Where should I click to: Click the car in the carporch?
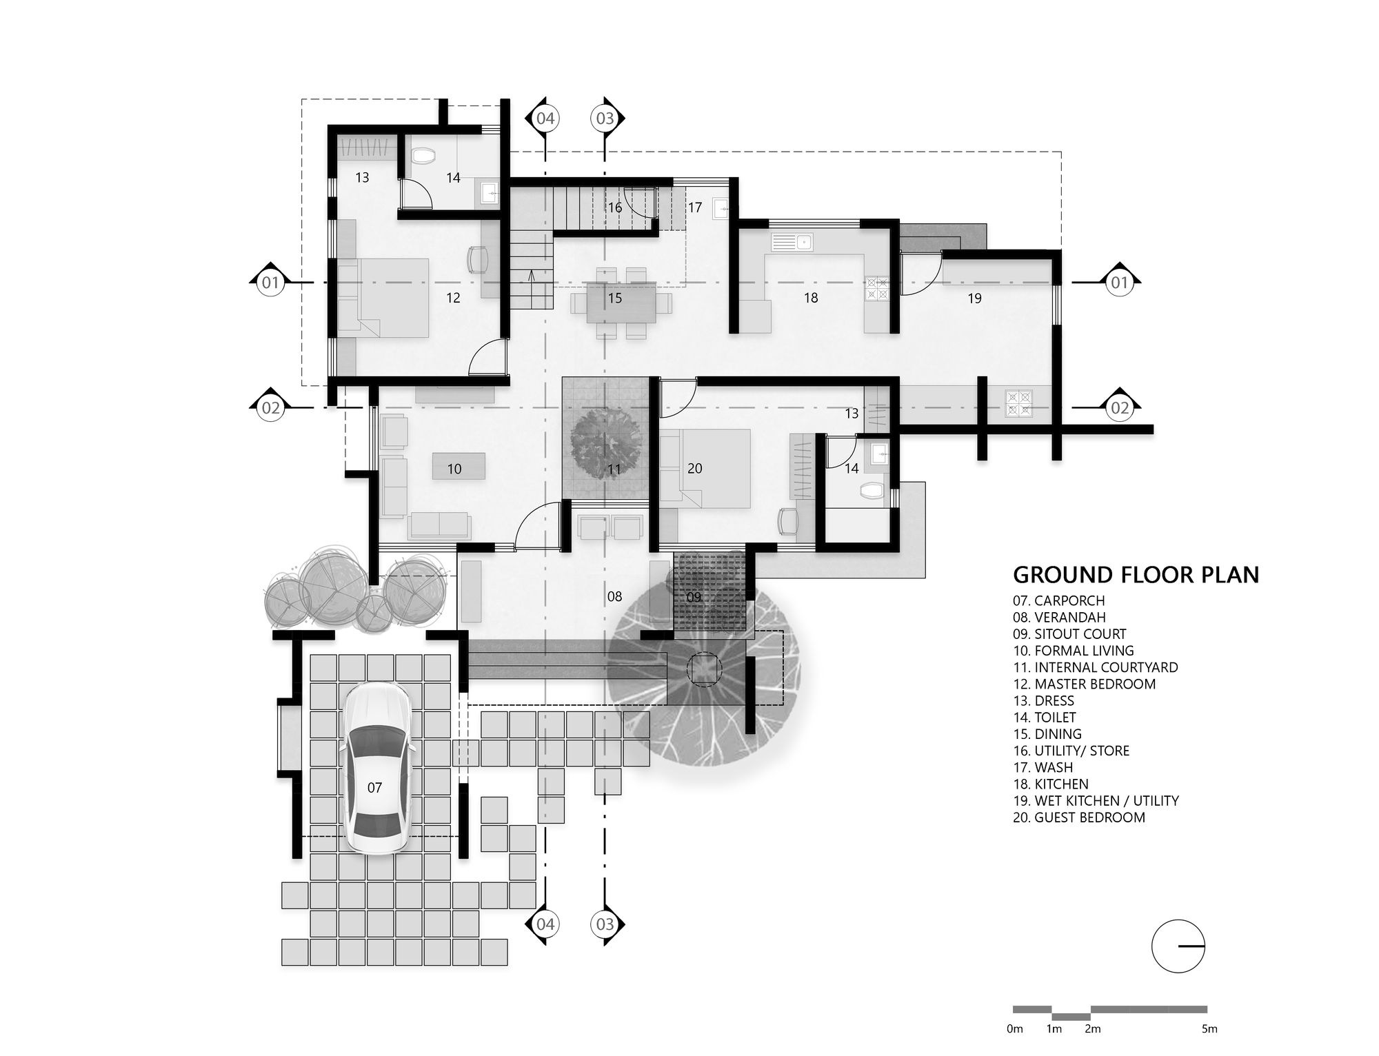click(377, 769)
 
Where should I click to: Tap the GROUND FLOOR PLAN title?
click(1136, 575)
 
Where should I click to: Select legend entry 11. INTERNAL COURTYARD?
click(1095, 667)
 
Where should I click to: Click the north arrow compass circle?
click(1178, 946)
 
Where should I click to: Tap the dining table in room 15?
click(621, 301)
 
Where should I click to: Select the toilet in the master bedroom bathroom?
click(420, 158)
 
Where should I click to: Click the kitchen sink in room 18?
click(793, 242)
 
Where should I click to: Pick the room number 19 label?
click(974, 298)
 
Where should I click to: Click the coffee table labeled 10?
click(458, 467)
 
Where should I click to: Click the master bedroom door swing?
click(486, 358)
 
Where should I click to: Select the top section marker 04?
click(545, 119)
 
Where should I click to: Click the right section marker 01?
click(1119, 283)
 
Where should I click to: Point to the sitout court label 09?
click(694, 597)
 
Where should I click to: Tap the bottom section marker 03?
click(605, 924)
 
